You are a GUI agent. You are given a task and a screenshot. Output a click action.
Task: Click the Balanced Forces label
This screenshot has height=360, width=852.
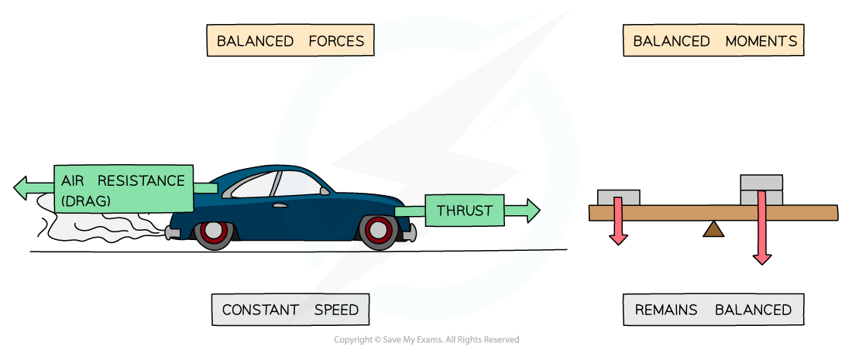point(290,41)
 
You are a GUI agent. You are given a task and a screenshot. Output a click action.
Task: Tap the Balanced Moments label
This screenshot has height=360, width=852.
point(713,41)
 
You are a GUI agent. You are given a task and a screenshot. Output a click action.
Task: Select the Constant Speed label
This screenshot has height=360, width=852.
point(290,310)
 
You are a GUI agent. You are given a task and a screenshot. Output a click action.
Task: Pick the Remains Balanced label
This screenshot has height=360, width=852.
point(713,310)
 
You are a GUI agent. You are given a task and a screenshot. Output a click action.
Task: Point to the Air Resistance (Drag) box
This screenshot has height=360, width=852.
point(123,190)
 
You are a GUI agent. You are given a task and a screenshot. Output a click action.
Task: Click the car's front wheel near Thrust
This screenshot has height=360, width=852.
point(379,230)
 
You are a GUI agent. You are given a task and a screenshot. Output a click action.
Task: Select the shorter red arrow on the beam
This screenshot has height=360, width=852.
point(618,221)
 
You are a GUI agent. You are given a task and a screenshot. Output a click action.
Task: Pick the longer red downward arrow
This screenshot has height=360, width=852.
point(762,228)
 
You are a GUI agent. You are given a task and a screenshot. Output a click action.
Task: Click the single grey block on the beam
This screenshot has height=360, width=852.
point(618,197)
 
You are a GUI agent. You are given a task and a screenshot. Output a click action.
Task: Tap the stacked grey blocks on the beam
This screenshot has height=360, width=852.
point(761,190)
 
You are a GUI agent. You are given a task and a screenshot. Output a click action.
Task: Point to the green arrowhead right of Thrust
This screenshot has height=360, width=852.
point(532,210)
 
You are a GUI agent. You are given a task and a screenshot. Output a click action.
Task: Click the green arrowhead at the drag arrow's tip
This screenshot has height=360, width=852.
point(22,187)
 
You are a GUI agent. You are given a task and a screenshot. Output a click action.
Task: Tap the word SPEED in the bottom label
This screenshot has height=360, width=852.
point(336,310)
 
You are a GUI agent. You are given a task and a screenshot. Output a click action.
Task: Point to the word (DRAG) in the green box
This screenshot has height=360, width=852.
point(86,201)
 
